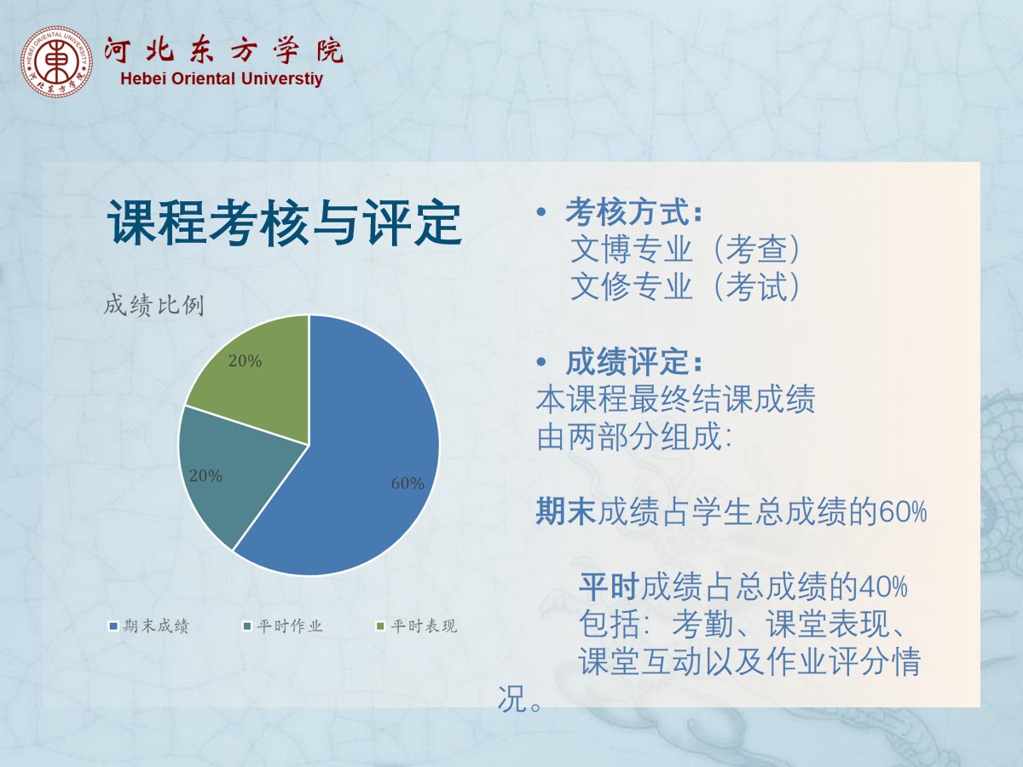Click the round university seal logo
point(56,61)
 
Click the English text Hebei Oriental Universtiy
point(222,78)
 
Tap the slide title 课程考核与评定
point(284,222)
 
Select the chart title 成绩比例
point(153,305)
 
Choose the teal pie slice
point(233,470)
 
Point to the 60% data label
point(407,483)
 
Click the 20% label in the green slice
point(246,360)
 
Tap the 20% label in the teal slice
point(205,476)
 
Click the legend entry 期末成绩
point(148,626)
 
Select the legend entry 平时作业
point(282,626)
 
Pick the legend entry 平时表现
point(416,626)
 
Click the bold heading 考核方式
point(634,211)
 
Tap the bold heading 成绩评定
point(634,361)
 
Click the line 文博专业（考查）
point(685,249)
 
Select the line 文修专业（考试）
point(685,286)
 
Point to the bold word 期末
point(566,510)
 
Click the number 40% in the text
point(883,586)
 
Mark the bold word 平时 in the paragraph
point(609,586)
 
